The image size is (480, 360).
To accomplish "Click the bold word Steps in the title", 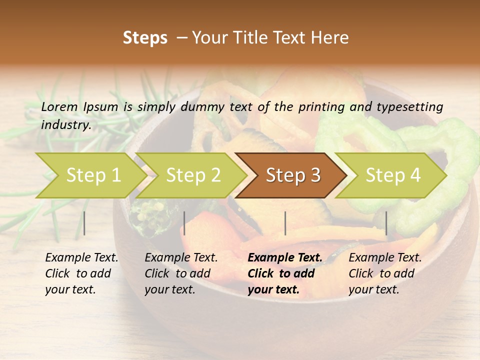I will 145,38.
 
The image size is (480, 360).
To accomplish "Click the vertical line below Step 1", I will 84,223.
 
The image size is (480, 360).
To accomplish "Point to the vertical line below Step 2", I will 184,223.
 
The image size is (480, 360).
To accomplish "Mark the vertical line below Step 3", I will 285,223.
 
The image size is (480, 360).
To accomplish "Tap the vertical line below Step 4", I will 386,223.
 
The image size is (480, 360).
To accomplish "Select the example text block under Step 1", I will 81,273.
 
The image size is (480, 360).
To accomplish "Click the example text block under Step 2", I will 181,273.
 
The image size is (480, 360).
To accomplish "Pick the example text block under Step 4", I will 385,273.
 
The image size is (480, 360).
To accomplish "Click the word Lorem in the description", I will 59,106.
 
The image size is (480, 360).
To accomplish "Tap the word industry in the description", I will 65,125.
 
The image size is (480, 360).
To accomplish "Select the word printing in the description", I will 322,107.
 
